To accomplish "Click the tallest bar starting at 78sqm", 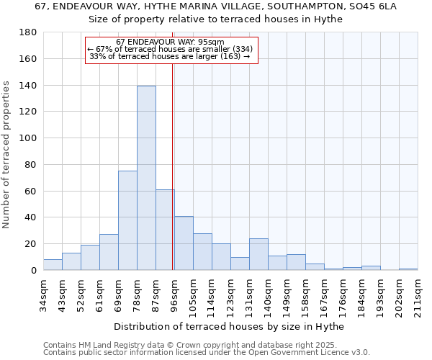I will [x=146, y=178].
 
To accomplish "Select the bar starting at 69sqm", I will [x=127, y=220].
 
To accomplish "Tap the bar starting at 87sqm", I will [x=165, y=230].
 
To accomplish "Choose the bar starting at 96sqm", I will [x=184, y=243].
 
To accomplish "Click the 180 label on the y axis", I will [x=28, y=32].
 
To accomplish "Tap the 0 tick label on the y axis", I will [x=33, y=271].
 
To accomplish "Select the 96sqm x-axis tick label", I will [x=174, y=294].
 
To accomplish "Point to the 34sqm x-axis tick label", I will [x=43, y=294].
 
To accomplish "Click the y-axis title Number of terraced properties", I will [x=6, y=155].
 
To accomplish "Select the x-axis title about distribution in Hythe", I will [x=229, y=327].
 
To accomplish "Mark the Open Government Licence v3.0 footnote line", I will [x=206, y=352].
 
